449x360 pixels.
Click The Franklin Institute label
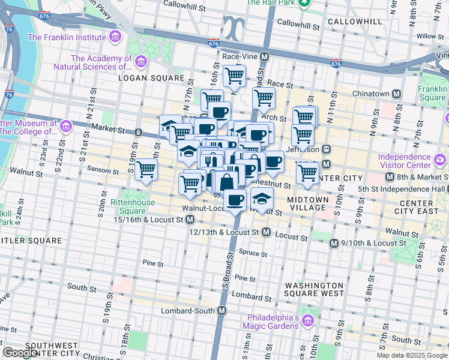[x=68, y=37]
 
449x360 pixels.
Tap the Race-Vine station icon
[x=264, y=56]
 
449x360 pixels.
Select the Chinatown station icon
[x=396, y=94]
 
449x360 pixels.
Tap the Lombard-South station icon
[x=222, y=311]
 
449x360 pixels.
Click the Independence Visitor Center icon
[x=441, y=160]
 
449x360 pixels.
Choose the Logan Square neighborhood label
[x=151, y=78]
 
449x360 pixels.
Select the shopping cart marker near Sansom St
[x=146, y=170]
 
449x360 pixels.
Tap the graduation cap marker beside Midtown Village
[x=261, y=199]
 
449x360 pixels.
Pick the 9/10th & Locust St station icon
[x=335, y=243]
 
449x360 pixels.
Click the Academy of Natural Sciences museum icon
[x=141, y=61]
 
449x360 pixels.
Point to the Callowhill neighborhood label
[x=355, y=22]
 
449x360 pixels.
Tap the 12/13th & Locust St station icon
[x=266, y=232]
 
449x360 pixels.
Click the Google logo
[x=20, y=353]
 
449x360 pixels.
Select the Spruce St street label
[x=252, y=253]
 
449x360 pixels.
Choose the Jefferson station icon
[x=326, y=149]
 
